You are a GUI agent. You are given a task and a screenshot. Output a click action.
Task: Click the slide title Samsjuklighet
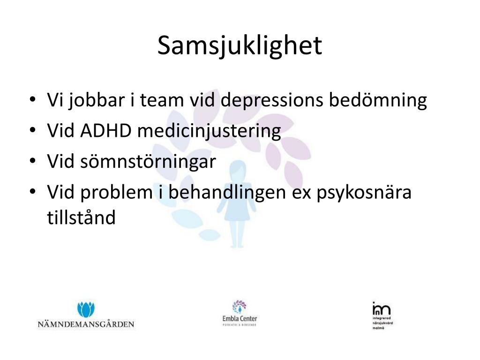pos(240,46)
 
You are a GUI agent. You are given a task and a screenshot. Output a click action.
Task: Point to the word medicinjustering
pos(209,132)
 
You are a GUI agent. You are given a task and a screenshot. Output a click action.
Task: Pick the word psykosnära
pos(366,193)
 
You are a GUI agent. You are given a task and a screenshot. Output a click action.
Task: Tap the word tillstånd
pos(81,217)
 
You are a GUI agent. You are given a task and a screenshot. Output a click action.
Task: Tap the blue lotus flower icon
pos(86,309)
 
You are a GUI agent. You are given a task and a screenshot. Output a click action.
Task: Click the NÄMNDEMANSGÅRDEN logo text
pos(86,324)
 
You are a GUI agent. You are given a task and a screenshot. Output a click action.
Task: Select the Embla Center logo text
pos(240,319)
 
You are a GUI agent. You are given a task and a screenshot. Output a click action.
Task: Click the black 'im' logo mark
pos(381,309)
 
